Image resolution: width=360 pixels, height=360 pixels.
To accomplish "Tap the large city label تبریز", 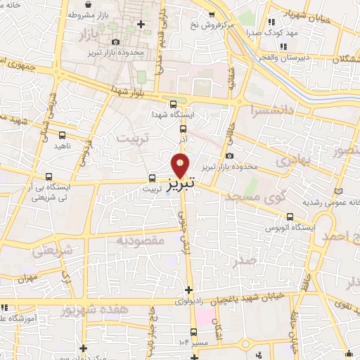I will click(x=181, y=186).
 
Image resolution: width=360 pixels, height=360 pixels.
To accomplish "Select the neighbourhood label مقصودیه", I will click(x=150, y=240).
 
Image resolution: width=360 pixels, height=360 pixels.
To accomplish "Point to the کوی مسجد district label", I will click(x=259, y=198).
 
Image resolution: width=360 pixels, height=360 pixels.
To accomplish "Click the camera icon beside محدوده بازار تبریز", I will click(x=229, y=155).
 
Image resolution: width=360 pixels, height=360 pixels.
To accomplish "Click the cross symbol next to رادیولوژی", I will click(x=188, y=289).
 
